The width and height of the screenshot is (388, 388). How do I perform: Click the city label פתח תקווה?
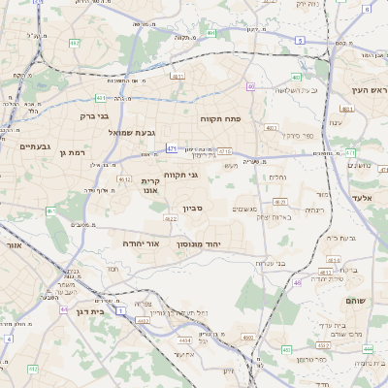click(220, 118)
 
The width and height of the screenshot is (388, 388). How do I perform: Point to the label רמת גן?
click(72, 152)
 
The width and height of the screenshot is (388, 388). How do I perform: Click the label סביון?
click(192, 208)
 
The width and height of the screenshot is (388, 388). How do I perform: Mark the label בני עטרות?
click(269, 263)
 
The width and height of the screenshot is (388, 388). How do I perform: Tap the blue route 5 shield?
click(300, 41)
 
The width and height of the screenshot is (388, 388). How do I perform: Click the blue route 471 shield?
click(171, 148)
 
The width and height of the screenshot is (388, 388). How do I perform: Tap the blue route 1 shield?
click(119, 312)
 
